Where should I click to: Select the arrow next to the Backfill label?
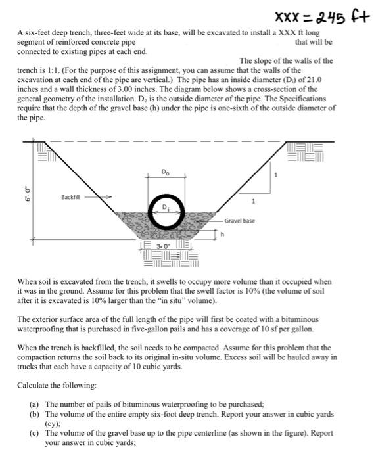point(103,196)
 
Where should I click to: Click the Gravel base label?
point(241,221)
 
